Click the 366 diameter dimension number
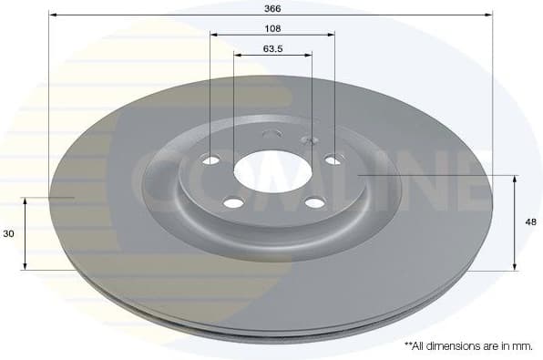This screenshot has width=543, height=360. point(271,7)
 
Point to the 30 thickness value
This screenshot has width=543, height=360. point(8,233)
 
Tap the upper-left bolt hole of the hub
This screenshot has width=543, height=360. point(211,160)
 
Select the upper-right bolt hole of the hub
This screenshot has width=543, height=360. point(333,159)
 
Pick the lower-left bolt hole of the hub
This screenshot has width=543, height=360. point(232,202)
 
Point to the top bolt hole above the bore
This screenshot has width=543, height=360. point(271,135)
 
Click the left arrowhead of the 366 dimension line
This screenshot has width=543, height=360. point(52,15)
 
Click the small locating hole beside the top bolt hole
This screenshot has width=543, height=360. point(307,140)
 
